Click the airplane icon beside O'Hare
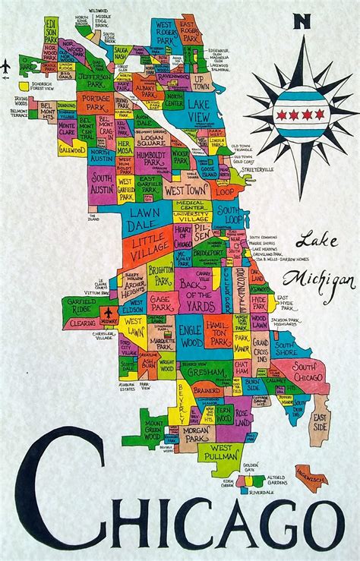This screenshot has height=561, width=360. [6, 67]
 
